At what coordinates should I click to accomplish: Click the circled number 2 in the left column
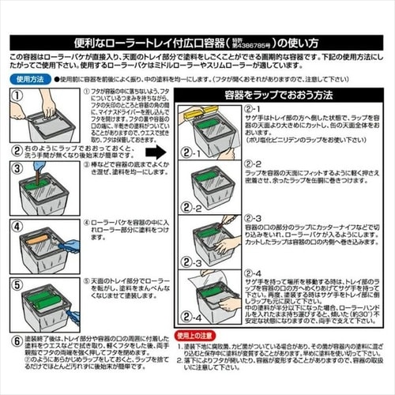(17, 148)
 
